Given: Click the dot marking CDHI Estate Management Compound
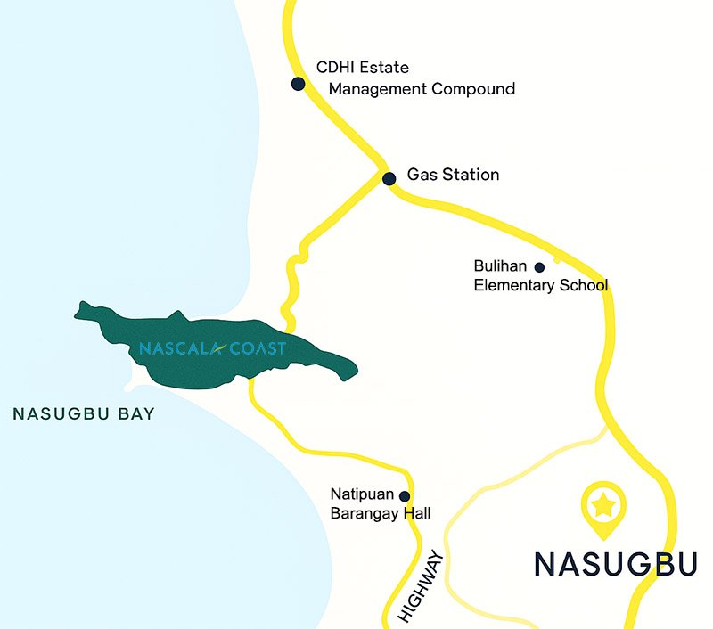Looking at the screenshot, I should [298, 84].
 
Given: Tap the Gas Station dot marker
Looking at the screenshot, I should [389, 178].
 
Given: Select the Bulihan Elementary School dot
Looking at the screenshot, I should [539, 266].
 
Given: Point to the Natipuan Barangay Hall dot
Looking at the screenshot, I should [405, 496].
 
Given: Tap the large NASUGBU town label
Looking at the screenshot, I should [615, 564].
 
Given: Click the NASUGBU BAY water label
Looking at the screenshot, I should [84, 413].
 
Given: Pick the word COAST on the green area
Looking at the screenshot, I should [258, 348].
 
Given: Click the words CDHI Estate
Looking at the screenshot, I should [363, 68].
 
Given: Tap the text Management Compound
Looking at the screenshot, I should [422, 89].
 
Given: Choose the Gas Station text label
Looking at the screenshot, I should [453, 175].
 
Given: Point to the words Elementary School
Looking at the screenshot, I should [540, 286].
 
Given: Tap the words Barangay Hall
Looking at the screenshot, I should [380, 513].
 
